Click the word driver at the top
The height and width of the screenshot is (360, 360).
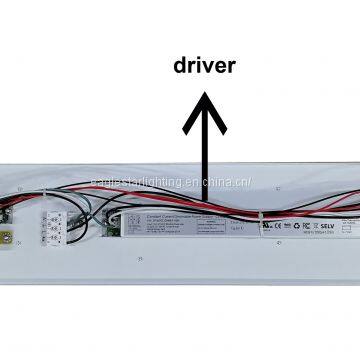204,67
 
